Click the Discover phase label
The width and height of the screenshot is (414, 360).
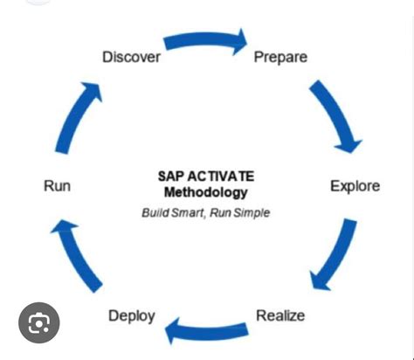click(x=131, y=58)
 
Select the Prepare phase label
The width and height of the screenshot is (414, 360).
click(x=280, y=58)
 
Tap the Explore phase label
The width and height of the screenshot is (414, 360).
click(x=355, y=186)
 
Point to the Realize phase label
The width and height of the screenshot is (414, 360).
click(x=279, y=315)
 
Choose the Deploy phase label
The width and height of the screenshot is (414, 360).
click(x=132, y=315)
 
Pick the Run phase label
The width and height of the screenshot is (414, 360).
click(x=57, y=186)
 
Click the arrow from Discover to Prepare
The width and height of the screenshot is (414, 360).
click(x=206, y=40)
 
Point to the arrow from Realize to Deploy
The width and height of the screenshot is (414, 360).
click(x=207, y=330)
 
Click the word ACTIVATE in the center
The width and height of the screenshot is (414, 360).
click(x=221, y=177)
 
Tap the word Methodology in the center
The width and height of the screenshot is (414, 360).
click(x=206, y=192)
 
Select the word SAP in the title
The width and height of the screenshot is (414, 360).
click(x=169, y=177)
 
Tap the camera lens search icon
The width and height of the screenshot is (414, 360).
click(x=38, y=324)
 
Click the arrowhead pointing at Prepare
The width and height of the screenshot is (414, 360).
click(x=238, y=41)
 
